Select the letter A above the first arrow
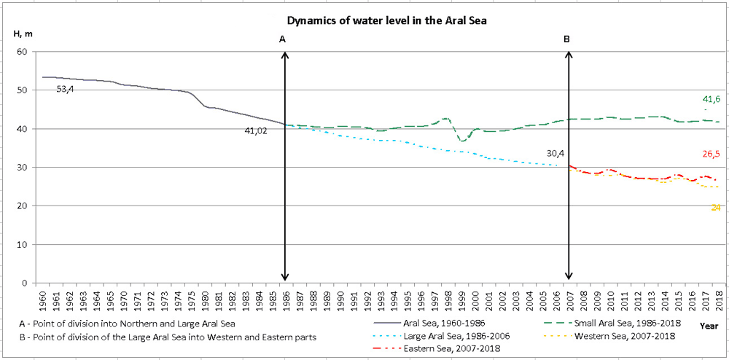[283, 39]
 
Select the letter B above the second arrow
[567, 39]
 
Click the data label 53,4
[67, 89]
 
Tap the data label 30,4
[555, 154]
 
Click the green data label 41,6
[712, 99]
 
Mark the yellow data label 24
[716, 208]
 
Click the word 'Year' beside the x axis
[709, 326]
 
